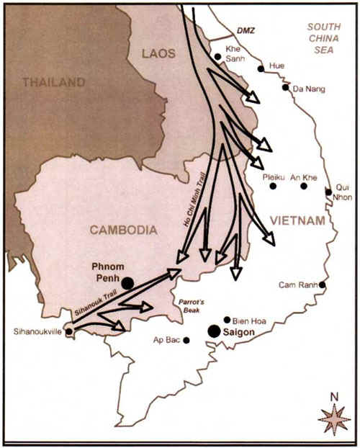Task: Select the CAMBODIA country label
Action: (123, 230)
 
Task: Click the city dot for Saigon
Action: (214, 331)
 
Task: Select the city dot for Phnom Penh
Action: (127, 283)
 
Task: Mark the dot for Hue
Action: (261, 68)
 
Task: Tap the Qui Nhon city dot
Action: (328, 192)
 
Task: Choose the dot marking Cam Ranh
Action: (322, 285)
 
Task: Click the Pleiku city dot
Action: (273, 186)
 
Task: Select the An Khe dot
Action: (304, 186)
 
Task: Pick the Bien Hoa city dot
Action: (227, 319)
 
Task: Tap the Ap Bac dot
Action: (186, 340)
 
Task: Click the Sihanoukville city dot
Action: (68, 332)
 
